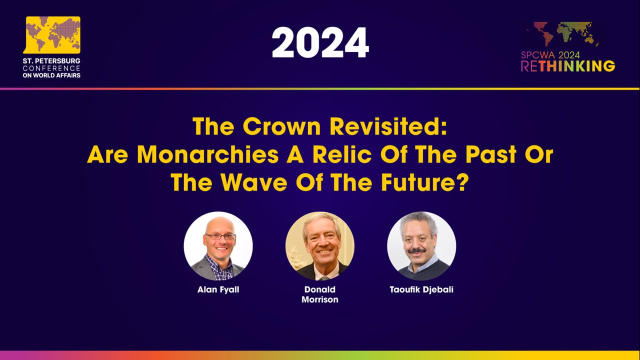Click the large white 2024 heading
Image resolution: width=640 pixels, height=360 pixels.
[x=320, y=42]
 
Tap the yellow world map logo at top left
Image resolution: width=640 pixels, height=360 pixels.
[x=52, y=34]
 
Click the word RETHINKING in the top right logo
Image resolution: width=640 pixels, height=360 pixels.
[x=568, y=66]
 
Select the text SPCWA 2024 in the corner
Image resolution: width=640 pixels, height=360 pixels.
[x=550, y=55]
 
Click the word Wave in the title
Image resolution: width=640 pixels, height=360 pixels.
[x=244, y=182]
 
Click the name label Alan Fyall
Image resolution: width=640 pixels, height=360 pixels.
[x=218, y=289]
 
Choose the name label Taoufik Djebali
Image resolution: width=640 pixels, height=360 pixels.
[x=421, y=289]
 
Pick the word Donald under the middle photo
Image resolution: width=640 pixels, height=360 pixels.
[x=319, y=289]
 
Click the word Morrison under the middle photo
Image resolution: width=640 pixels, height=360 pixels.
[x=319, y=299]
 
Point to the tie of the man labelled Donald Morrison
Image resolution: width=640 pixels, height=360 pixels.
[x=325, y=276]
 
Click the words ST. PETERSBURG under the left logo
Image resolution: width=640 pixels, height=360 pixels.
[x=51, y=61]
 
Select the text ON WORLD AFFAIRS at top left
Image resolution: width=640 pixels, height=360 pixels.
[x=51, y=75]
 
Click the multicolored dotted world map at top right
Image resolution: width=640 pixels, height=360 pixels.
[x=562, y=34]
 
